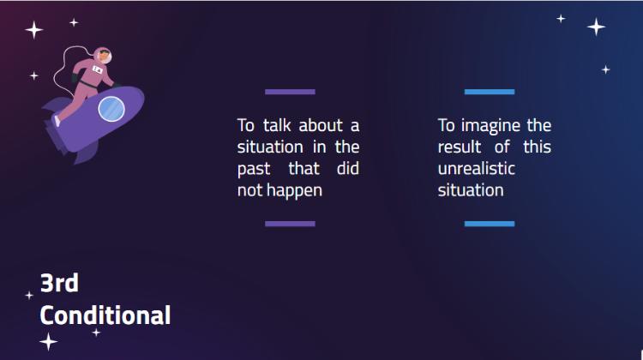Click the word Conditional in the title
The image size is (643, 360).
[x=105, y=315]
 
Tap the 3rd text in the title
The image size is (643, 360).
[x=59, y=283]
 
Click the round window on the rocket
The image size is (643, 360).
[x=111, y=109]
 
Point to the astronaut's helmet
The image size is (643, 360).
[x=103, y=56]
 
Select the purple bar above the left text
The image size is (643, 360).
[x=290, y=92]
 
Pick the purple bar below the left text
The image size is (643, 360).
[x=290, y=224]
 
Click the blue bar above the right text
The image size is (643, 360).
[x=490, y=92]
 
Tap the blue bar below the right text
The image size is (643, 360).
[x=490, y=224]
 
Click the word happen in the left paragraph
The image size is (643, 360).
[x=294, y=191]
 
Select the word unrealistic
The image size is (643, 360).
[x=476, y=169]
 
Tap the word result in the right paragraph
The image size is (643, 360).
[x=460, y=147]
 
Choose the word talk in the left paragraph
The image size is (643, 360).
[x=277, y=125]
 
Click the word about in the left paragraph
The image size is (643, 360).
[x=321, y=125]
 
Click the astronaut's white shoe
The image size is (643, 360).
[x=57, y=121]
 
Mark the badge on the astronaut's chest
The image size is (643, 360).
[x=97, y=70]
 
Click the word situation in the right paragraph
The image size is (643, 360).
[x=471, y=190]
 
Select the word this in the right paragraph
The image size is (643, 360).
[x=537, y=147]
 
